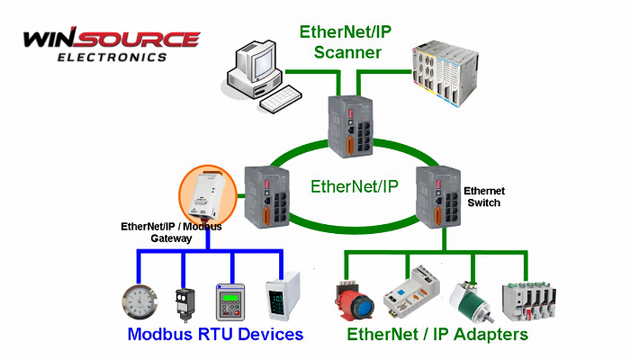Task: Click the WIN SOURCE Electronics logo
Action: [110, 45]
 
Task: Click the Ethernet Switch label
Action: [484, 197]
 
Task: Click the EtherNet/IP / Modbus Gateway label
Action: [172, 233]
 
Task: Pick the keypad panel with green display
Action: [232, 301]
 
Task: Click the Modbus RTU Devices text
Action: [215, 335]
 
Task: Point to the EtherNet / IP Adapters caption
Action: [437, 335]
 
